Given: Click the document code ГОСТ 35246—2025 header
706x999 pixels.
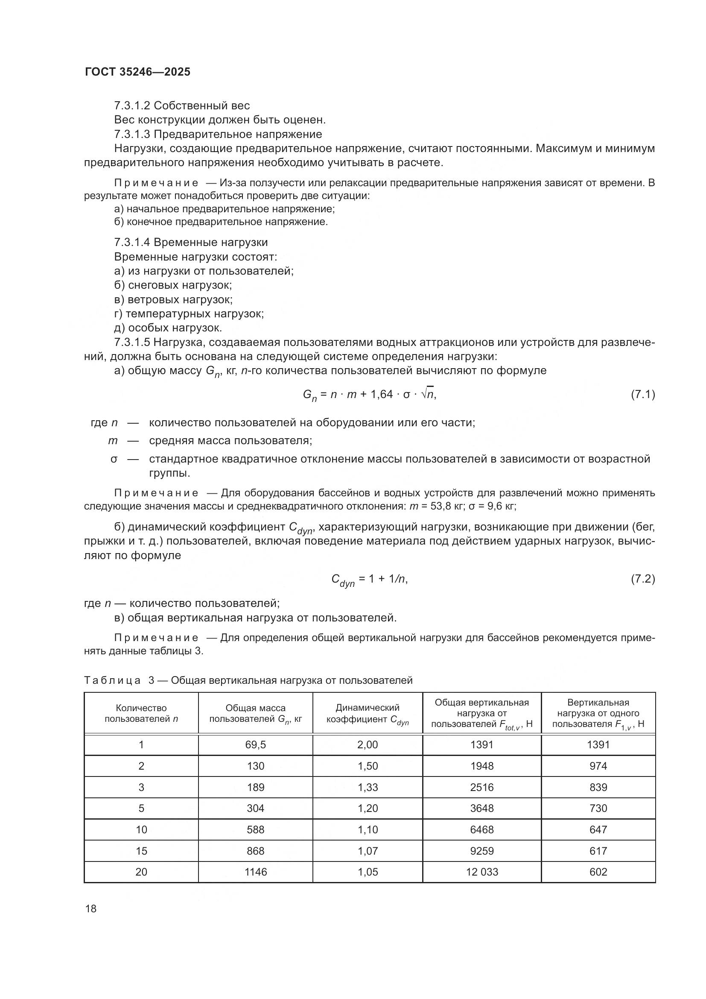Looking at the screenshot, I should tap(137, 72).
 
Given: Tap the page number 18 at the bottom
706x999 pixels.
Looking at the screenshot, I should tap(91, 908).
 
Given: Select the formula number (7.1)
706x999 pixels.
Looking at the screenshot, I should tap(642, 395).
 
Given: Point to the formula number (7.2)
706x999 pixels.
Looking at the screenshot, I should tap(642, 579).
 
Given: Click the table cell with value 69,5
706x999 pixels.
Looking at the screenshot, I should tap(255, 744).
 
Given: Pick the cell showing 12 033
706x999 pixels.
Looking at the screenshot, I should tap(481, 872).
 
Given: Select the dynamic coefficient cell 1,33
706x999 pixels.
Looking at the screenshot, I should tap(368, 787).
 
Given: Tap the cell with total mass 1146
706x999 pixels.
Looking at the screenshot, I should tap(255, 872).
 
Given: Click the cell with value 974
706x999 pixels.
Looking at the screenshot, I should tap(598, 766).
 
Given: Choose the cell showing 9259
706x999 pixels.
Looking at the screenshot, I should tap(481, 851).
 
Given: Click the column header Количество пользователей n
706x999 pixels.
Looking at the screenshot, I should tap(141, 713).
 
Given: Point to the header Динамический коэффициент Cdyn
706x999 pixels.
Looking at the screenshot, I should tap(368, 714).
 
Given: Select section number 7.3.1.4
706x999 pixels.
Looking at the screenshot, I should tap(132, 242).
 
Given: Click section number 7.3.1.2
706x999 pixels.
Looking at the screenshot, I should tap(132, 106).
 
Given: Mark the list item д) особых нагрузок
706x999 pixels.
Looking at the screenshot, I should tap(168, 328).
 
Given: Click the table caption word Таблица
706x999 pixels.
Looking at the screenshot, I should tap(112, 680).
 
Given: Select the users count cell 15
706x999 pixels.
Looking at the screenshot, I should tap(141, 851).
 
